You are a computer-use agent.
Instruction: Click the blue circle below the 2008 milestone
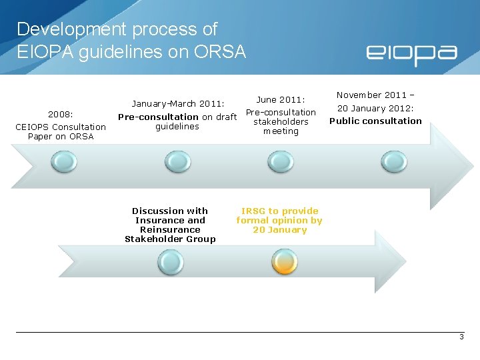65,161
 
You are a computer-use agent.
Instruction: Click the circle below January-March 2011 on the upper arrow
177,161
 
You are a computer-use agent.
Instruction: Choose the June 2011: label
281,99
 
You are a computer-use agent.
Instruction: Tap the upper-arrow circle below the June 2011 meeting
280,161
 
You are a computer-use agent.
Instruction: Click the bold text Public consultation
375,121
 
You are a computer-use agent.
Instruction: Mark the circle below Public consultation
393,161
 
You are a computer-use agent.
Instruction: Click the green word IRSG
253,211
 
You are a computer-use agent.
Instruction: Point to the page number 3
461,337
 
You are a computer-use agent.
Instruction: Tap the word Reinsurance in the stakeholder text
170,229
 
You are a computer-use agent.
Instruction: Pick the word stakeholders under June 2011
281,122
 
